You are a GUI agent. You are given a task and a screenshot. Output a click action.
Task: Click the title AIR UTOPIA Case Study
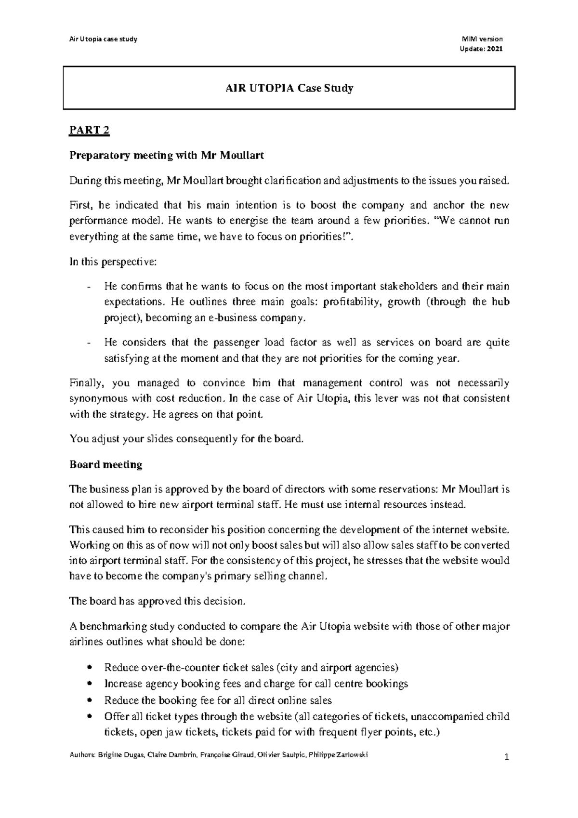click(289, 88)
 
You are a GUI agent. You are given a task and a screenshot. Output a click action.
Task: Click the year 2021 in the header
click(495, 48)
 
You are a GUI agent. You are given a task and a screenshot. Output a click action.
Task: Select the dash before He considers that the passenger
click(89, 343)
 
